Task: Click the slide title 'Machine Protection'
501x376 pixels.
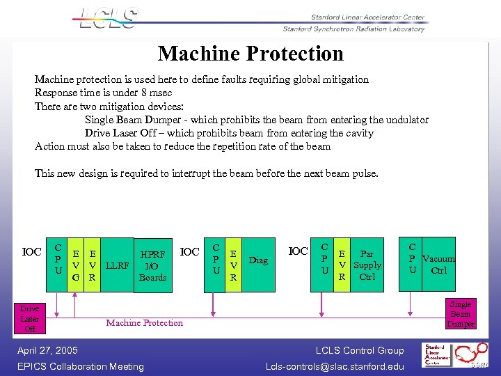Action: coord(250,54)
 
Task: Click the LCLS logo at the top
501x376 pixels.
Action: coord(109,18)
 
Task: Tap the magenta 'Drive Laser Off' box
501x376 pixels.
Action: coord(29,318)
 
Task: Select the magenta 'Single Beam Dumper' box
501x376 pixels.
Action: coord(460,314)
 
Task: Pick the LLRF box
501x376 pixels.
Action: coord(117,265)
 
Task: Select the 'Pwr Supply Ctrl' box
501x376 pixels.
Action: coord(367,265)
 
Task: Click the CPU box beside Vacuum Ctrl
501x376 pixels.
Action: coord(413,258)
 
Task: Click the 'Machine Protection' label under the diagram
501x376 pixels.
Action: coord(145,322)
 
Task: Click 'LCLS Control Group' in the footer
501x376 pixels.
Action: coord(359,350)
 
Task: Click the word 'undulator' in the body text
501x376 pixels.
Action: coord(404,120)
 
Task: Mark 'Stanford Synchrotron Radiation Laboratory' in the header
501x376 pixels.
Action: coord(353,29)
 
